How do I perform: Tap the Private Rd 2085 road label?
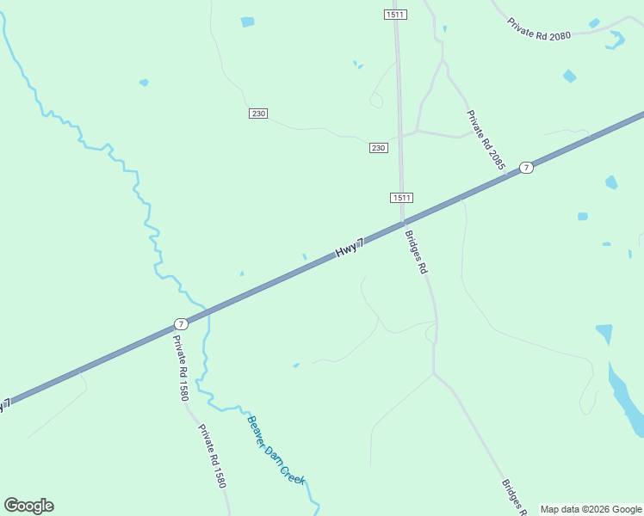point(486,139)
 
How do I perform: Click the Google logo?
point(28,506)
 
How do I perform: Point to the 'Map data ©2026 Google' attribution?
point(591,509)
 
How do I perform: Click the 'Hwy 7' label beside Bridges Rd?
point(350,248)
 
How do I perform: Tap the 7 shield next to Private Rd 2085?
point(527,167)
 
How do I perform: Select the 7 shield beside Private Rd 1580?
point(180,324)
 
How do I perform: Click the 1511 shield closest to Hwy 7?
point(401,198)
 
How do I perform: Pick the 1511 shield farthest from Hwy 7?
point(395,15)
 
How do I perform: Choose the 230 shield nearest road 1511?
point(378,148)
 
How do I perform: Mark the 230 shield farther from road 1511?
point(258,114)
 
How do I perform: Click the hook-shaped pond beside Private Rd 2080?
point(616,39)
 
